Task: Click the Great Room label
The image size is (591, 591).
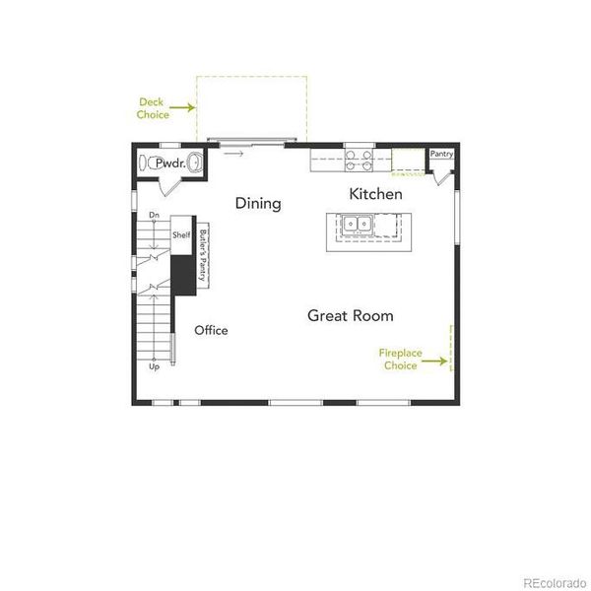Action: pos(350,316)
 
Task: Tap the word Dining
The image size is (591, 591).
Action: pos(258,204)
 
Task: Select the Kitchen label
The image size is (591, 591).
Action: pos(375,195)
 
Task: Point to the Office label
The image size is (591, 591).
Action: pos(211,330)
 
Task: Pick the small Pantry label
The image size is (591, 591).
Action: pos(440,155)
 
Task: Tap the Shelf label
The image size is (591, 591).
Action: pos(181,236)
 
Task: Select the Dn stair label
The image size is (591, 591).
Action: pos(154,215)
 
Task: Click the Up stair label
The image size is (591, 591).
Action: pos(154,367)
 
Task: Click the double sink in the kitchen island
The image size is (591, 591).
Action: pos(359,225)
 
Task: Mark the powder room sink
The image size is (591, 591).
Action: pos(195,163)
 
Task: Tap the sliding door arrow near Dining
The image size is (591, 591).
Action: pos(233,154)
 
